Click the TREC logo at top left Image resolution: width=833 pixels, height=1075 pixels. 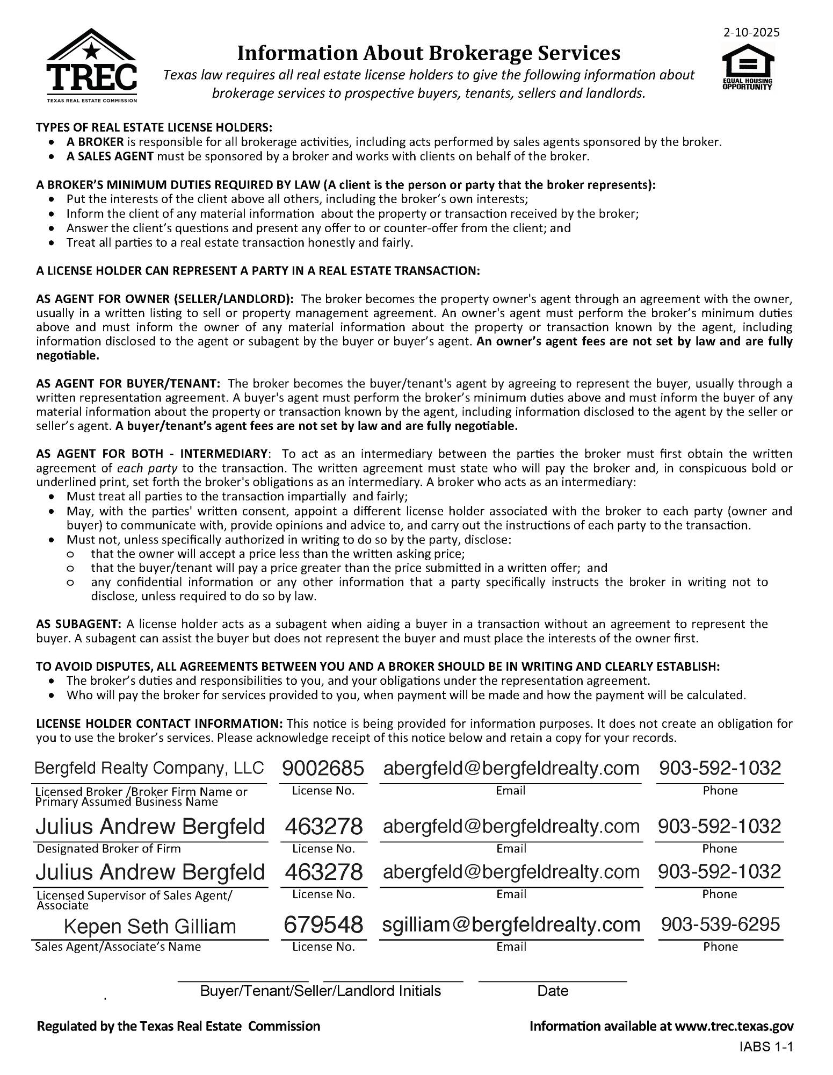(92, 66)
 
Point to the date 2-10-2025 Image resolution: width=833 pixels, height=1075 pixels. (751, 32)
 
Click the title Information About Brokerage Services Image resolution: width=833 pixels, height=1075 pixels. (428, 53)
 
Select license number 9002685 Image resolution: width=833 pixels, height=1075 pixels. (323, 768)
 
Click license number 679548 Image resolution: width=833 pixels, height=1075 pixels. (323, 924)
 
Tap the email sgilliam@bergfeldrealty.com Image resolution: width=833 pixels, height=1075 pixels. (511, 924)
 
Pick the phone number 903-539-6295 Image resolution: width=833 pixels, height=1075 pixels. (720, 924)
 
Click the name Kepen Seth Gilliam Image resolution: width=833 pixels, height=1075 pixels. (150, 926)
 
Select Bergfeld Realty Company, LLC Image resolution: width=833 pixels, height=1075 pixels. (149, 768)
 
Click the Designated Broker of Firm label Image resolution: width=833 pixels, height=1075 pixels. (108, 849)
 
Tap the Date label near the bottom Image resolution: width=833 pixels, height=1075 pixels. (552, 991)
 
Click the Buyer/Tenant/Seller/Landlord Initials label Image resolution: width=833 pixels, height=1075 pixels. (320, 991)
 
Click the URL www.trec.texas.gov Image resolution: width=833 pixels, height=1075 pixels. (734, 1026)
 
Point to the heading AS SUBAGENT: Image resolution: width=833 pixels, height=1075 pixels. (78, 624)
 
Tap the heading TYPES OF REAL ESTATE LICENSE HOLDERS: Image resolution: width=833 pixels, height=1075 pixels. (154, 127)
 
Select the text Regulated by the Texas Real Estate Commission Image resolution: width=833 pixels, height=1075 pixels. (178, 1026)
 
